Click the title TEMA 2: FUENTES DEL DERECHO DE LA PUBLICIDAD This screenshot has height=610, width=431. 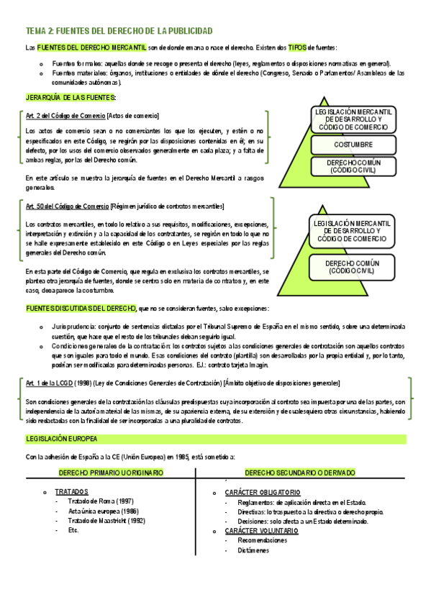click(119, 31)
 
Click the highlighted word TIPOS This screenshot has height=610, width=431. click(296, 47)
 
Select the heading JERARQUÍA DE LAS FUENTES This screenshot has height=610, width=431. click(71, 97)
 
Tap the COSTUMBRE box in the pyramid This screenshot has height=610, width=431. click(353, 145)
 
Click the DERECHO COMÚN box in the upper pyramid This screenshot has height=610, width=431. click(353, 166)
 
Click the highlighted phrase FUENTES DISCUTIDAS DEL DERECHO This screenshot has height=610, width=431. click(81, 309)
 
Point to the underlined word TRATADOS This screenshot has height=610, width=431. click(71, 491)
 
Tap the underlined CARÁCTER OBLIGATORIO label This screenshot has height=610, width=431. click(263, 492)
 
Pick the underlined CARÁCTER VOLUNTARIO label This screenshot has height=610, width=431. click(261, 530)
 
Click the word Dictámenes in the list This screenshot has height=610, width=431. click(252, 550)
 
